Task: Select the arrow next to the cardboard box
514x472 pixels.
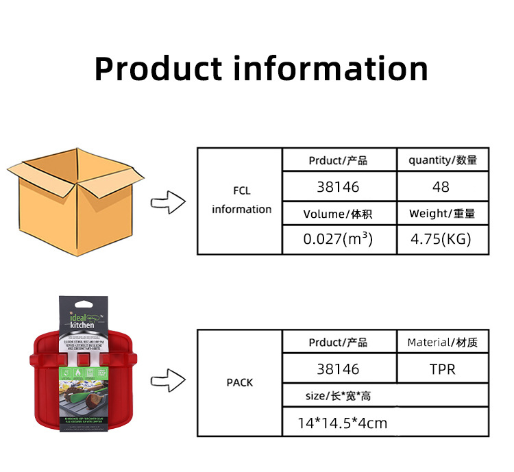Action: coord(168,202)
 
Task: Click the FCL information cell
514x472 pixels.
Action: coord(241,201)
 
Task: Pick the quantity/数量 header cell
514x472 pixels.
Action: coord(442,160)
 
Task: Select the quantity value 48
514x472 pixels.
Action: coord(441,186)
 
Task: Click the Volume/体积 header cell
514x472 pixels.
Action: coord(338,214)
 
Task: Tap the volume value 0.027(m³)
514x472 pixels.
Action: coord(338,240)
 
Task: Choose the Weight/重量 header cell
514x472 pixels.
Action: coord(442,214)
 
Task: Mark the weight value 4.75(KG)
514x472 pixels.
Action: coord(441,240)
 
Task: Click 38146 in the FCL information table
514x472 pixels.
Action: coord(338,186)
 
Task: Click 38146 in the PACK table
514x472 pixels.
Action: coord(338,369)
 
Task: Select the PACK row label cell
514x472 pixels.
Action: coord(240,382)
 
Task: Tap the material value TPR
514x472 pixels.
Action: coord(442,369)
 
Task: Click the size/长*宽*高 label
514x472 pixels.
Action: coord(338,396)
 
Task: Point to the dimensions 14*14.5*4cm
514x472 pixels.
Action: coord(342,423)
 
